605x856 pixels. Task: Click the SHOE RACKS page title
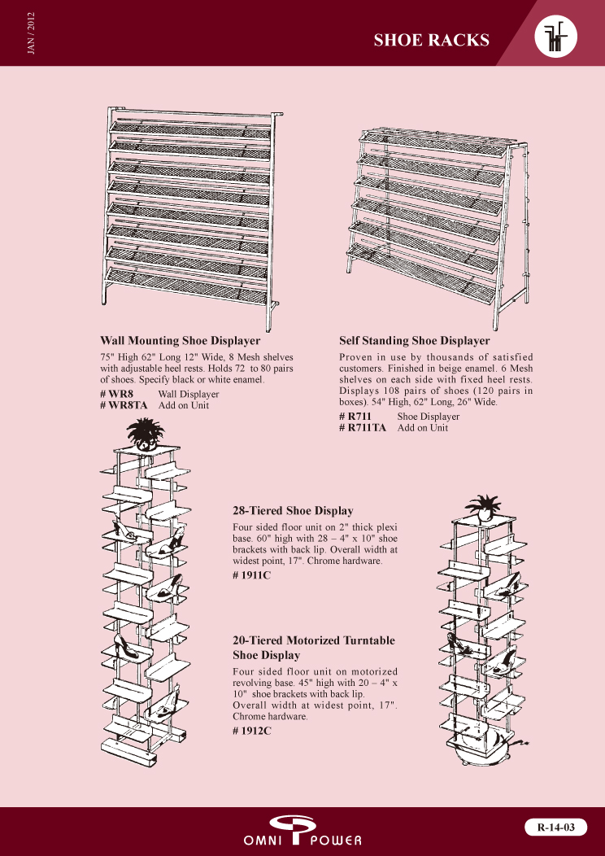point(431,41)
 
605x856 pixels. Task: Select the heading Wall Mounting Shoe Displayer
point(180,340)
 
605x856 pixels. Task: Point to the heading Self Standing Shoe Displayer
point(414,340)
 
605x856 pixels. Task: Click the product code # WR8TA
point(124,405)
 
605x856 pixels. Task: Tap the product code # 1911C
point(251,575)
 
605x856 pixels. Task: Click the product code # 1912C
point(251,730)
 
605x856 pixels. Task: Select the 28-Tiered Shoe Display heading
point(293,511)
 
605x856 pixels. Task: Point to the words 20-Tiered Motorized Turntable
point(314,640)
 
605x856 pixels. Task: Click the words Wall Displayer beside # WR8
point(188,394)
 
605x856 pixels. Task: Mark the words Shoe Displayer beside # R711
point(428,417)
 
